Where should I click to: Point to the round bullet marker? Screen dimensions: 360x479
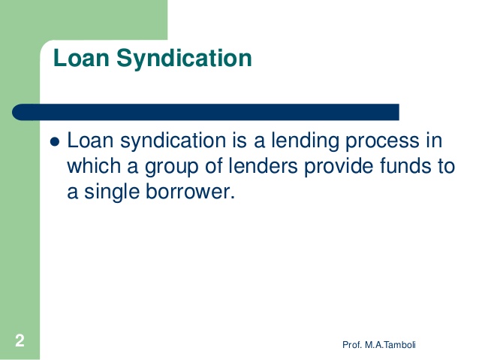[x=53, y=143]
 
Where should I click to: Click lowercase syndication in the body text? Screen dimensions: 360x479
[x=170, y=142]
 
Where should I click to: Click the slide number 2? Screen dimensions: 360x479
[x=19, y=341]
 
